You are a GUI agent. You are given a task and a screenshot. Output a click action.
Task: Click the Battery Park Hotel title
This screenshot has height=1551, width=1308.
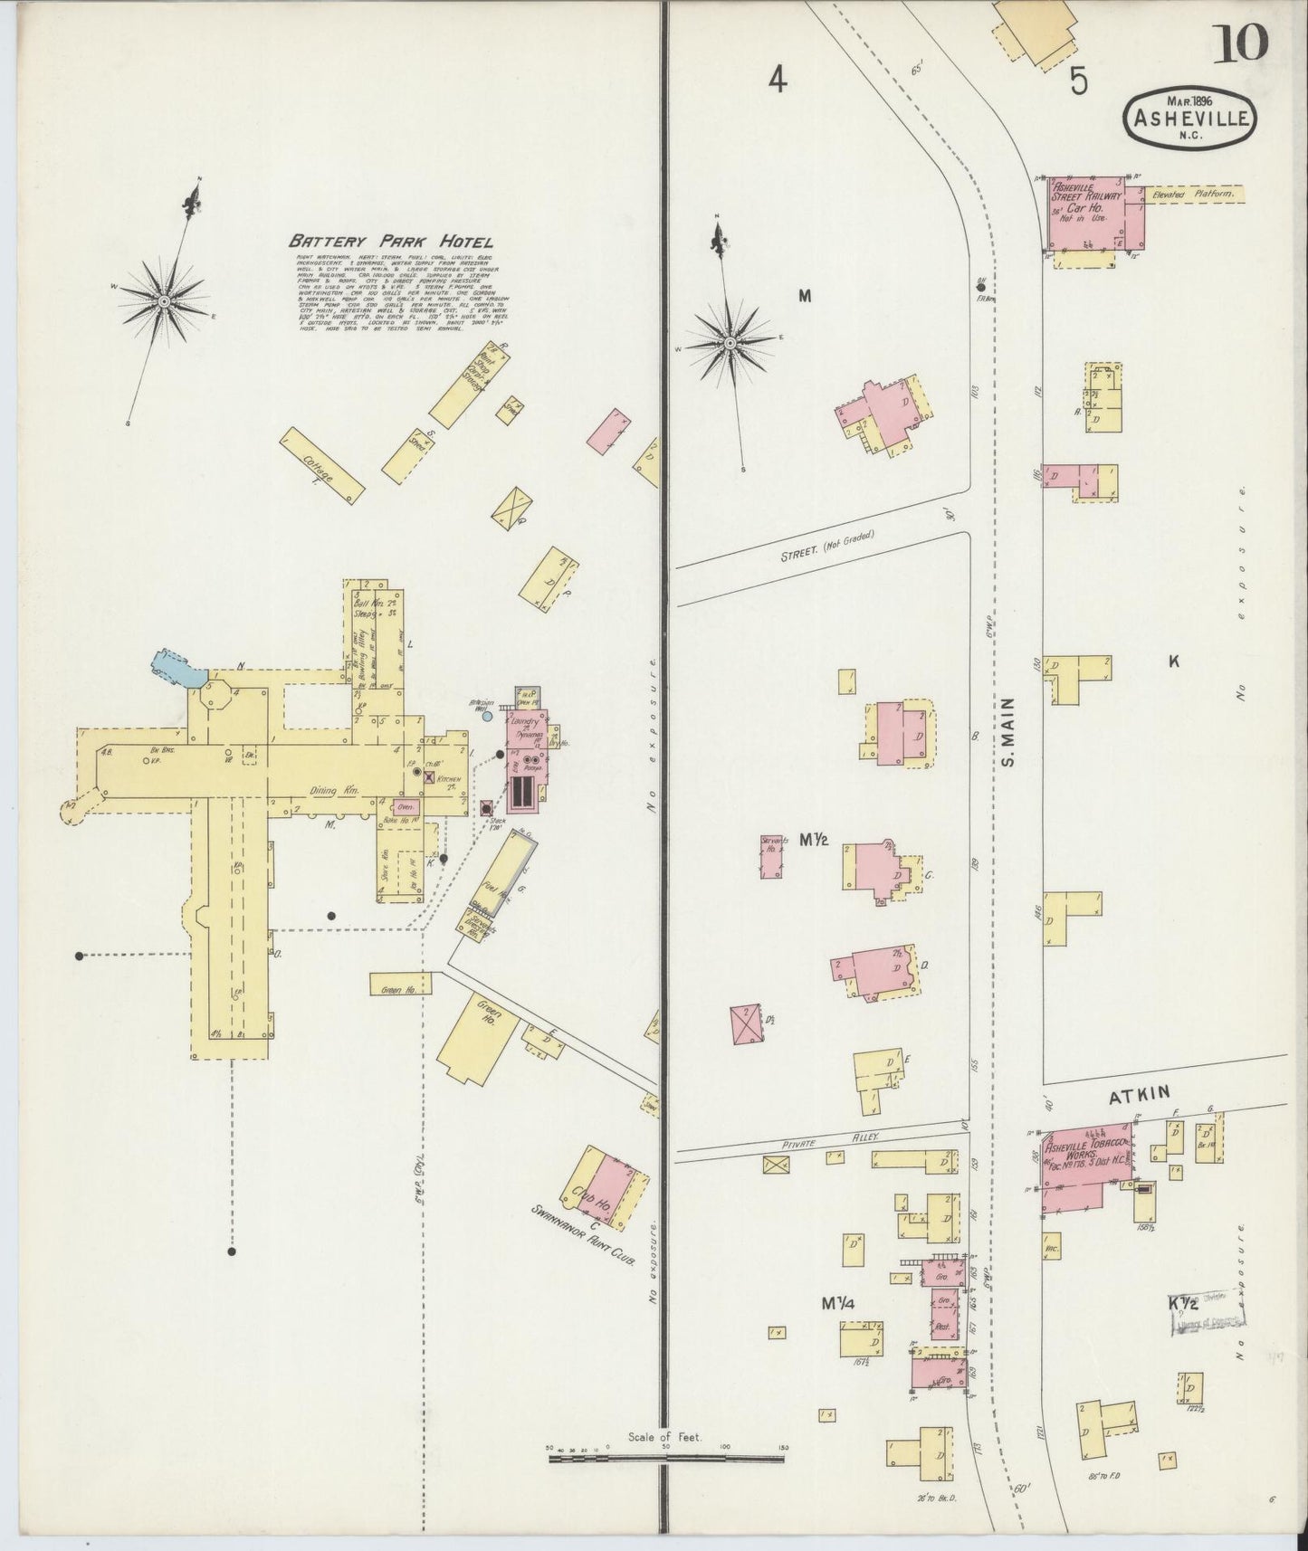[390, 242]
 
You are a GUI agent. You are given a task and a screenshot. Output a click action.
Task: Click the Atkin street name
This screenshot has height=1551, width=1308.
[1141, 1097]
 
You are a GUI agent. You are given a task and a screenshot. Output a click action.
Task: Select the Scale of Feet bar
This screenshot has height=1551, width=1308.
[666, 1461]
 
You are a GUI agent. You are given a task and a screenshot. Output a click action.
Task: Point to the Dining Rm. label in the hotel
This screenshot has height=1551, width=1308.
[334, 790]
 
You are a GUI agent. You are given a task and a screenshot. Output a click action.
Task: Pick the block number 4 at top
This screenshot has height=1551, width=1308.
[777, 81]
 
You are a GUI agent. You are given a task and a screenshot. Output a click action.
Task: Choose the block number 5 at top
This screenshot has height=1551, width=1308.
[1077, 81]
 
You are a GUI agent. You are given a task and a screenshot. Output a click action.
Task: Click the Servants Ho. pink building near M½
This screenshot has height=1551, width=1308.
[771, 857]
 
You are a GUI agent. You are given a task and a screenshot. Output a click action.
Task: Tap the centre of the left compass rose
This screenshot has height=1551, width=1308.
[164, 300]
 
